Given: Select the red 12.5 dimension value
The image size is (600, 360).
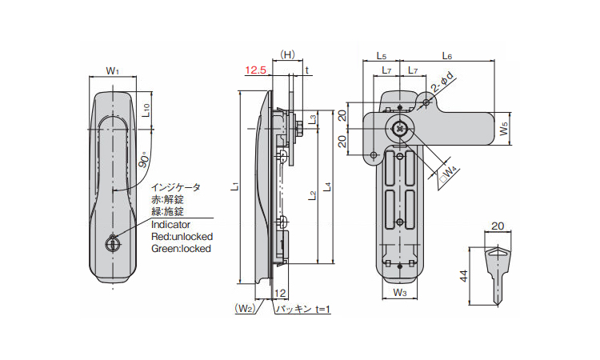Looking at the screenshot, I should click(x=255, y=71).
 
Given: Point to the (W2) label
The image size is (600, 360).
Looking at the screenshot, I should click(x=244, y=308).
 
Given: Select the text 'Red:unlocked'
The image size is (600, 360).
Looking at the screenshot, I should click(x=182, y=237).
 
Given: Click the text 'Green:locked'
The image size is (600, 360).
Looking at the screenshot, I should click(x=181, y=249).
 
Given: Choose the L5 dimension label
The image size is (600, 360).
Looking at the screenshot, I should click(x=381, y=56).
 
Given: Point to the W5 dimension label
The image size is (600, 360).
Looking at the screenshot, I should click(x=502, y=127).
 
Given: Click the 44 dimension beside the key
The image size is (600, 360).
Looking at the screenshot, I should click(x=464, y=276).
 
